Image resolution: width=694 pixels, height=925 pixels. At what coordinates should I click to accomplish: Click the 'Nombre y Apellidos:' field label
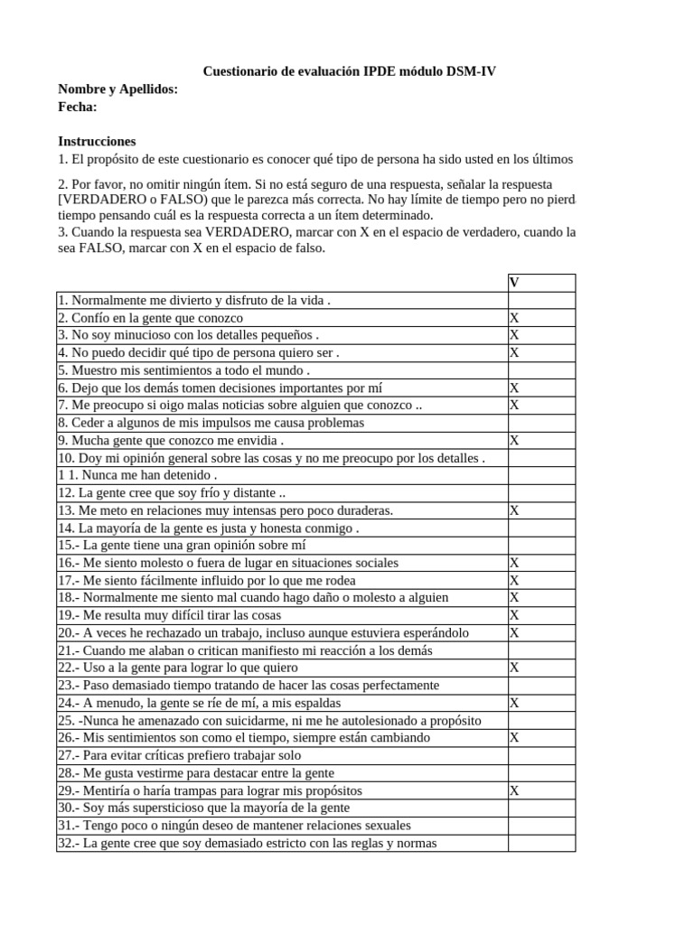coord(117,89)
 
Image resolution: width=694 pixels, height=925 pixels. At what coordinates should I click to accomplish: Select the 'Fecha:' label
coord(78,107)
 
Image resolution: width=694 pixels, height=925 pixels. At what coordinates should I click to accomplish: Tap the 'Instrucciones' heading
coord(97,141)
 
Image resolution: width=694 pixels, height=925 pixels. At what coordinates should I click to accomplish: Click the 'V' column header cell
coord(514,283)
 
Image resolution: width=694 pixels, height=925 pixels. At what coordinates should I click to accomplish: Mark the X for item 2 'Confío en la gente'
coord(514,318)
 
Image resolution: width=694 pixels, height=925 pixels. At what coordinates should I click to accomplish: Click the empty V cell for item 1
coord(540,301)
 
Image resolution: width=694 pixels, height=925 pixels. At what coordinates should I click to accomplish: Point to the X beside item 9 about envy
coord(514,441)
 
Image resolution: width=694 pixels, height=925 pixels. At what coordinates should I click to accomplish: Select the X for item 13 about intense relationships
coord(514,510)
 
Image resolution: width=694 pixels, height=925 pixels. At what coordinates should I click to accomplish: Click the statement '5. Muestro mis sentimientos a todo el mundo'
coord(184,370)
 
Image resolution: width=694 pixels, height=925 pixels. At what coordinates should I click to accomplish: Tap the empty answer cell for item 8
coord(540,423)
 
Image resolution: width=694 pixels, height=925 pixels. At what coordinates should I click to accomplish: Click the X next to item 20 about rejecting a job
coord(514,632)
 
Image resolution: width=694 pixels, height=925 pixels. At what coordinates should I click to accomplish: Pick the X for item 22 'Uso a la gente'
coord(514,668)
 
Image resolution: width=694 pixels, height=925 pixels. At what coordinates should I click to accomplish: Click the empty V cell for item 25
coord(540,720)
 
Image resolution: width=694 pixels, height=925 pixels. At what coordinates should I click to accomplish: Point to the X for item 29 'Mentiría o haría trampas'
coord(514,790)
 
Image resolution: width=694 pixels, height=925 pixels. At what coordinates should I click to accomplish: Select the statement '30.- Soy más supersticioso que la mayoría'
coord(203,808)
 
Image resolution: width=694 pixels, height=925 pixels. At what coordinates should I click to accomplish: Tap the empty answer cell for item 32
coord(540,843)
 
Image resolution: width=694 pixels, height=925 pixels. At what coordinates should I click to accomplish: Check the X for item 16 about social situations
coord(514,563)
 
